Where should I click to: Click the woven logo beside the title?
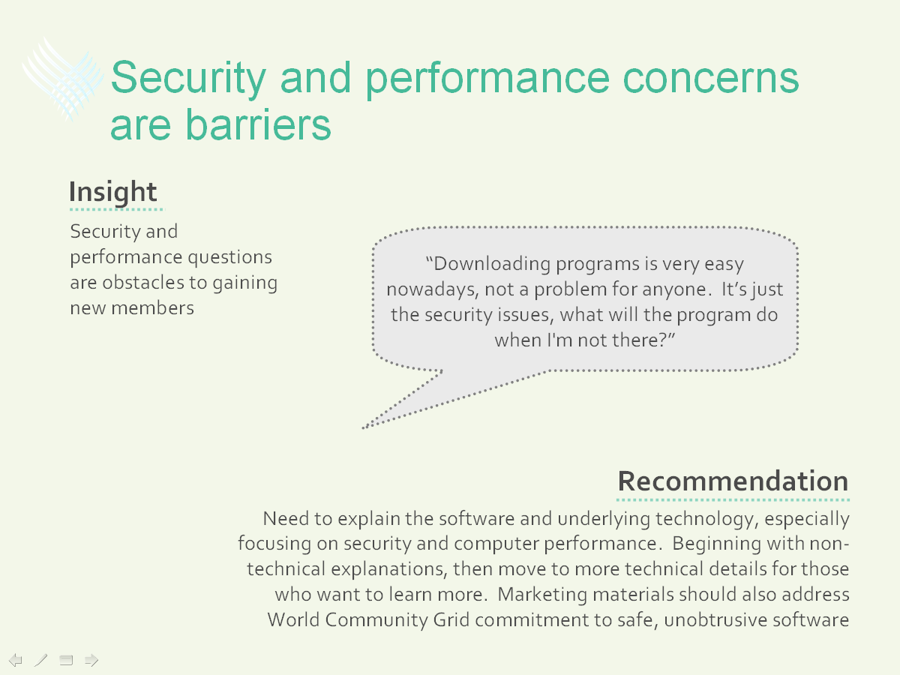63,79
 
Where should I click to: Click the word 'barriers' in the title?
258,124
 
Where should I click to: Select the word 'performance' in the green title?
487,79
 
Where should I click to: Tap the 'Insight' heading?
112,191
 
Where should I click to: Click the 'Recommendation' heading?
733,481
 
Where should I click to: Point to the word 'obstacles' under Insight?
143,283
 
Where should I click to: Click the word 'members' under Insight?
152,307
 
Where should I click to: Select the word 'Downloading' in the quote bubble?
491,264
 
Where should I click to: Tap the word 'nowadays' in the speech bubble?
433,289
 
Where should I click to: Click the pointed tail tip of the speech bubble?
363,428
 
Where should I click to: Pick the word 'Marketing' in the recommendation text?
542,595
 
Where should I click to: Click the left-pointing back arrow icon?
15,660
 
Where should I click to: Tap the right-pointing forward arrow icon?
91,660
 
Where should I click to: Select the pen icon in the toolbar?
40,660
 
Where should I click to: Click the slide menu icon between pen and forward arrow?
66,660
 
